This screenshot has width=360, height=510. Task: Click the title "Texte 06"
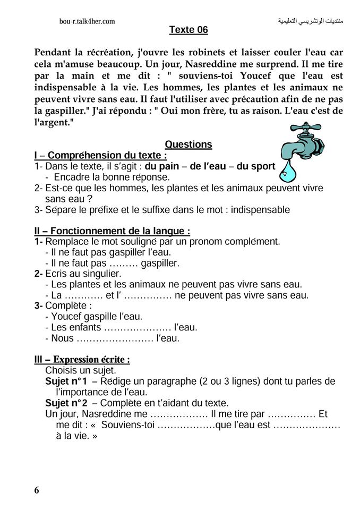[x=188, y=30]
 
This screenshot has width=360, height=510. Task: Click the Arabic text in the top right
[x=311, y=21]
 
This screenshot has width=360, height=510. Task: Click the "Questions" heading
[x=188, y=144]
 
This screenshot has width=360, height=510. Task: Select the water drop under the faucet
[x=289, y=171]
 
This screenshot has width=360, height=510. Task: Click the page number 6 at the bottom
[x=37, y=490]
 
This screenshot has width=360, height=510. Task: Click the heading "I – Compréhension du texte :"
[x=100, y=156]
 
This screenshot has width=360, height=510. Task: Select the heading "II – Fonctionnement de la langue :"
[x=112, y=231]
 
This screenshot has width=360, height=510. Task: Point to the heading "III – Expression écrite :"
[x=82, y=360]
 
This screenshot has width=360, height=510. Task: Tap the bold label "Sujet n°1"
[x=66, y=382]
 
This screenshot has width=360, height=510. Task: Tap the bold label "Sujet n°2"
[x=66, y=403]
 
